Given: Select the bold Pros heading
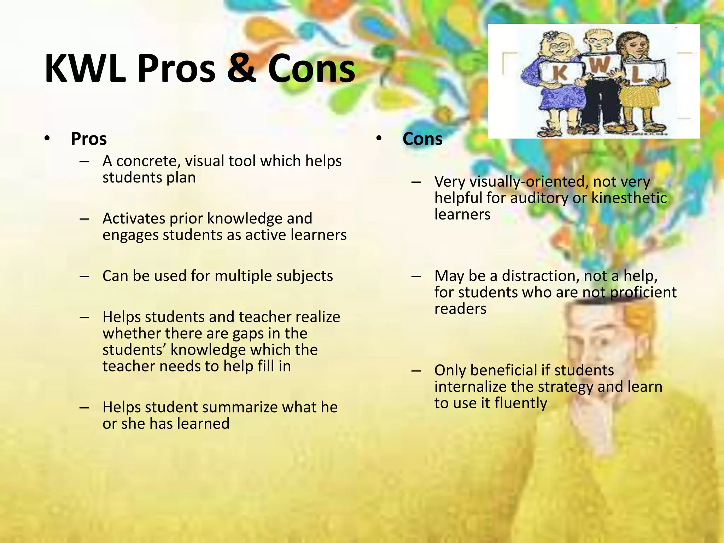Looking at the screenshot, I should pyautogui.click(x=89, y=139).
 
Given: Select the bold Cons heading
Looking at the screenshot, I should pyautogui.click(x=422, y=139).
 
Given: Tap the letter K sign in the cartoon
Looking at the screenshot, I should pyautogui.click(x=560, y=74).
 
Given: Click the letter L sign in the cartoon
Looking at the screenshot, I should pyautogui.click(x=636, y=74).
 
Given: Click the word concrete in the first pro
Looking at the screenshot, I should pyautogui.click(x=148, y=161).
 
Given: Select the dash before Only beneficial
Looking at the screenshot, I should pyautogui.click(x=416, y=371).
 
